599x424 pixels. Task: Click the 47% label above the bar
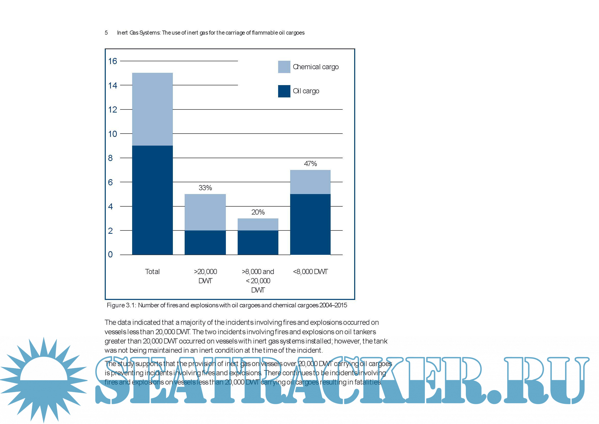click(x=310, y=164)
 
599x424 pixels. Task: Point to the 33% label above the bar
click(x=205, y=188)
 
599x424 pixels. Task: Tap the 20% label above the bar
click(x=258, y=212)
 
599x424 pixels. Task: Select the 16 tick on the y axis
click(x=112, y=61)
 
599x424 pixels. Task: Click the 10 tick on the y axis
click(x=112, y=134)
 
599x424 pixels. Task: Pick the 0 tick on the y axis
click(x=110, y=254)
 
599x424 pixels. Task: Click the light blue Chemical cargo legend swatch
click(x=284, y=67)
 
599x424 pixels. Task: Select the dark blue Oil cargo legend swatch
click(x=284, y=91)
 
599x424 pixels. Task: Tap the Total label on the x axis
click(x=152, y=271)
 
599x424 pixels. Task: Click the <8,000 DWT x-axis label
click(x=310, y=271)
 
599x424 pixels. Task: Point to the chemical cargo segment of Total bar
click(x=152, y=109)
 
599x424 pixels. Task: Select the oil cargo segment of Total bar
click(x=152, y=200)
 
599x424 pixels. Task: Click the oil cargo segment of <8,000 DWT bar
click(x=310, y=224)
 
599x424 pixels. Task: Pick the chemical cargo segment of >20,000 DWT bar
click(x=205, y=212)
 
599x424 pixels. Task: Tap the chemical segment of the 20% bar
click(x=258, y=224)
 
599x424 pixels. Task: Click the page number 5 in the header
click(x=106, y=33)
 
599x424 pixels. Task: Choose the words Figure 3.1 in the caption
click(x=121, y=305)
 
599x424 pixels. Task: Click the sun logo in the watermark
click(x=44, y=380)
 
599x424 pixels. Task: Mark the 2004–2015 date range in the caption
click(x=333, y=305)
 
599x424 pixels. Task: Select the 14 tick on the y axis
click(x=112, y=85)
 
